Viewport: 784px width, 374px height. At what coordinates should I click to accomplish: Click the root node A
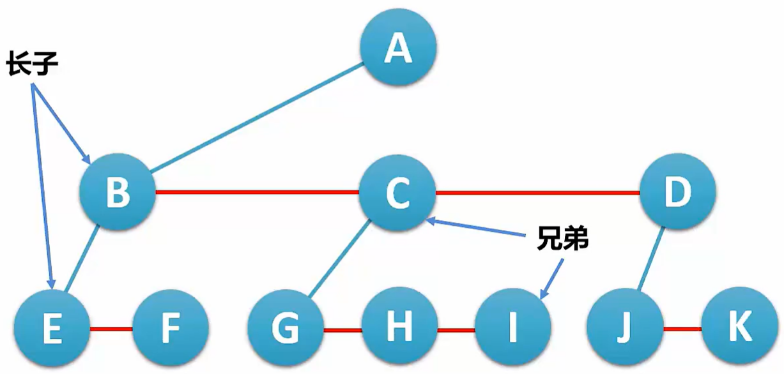398,47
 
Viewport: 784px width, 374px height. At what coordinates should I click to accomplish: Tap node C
397,192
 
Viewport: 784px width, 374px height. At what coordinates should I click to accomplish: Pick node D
677,191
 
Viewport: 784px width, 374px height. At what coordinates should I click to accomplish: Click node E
52,329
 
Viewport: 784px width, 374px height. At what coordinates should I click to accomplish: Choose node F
171,329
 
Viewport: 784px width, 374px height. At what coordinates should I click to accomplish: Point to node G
286,329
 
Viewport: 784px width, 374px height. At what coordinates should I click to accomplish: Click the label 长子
33,64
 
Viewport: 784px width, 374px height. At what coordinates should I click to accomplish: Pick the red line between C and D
537,191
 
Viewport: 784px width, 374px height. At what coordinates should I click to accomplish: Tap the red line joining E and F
111,329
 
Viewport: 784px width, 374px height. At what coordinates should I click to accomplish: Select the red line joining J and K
682,329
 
